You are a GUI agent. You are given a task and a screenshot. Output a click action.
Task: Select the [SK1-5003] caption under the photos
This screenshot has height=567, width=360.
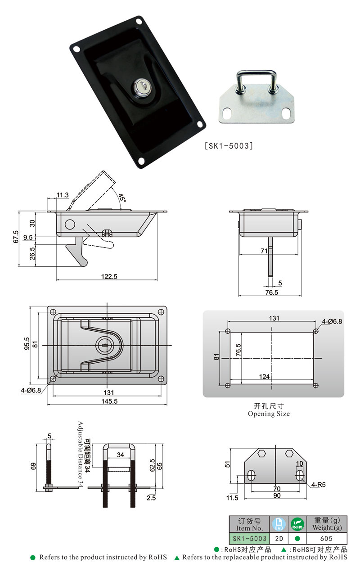(229, 146)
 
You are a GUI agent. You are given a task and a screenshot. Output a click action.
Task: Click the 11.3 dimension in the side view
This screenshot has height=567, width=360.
(63, 195)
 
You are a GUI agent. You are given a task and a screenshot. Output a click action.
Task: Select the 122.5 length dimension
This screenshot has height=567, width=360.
(108, 277)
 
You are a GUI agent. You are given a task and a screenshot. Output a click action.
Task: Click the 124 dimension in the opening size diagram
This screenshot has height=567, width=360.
(265, 376)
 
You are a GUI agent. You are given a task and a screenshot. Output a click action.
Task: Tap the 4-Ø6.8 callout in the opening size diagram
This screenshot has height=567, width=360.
(332, 322)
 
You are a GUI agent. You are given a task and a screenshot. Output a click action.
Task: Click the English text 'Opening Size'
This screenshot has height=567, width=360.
(269, 414)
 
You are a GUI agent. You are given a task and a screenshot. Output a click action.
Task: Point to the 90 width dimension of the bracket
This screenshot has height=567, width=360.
(277, 495)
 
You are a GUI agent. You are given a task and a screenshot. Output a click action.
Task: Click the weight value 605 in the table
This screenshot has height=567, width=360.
(327, 538)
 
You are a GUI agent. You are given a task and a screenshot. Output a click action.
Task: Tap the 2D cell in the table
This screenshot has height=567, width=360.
(279, 538)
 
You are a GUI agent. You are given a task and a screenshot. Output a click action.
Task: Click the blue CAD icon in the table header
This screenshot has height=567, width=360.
(279, 524)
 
